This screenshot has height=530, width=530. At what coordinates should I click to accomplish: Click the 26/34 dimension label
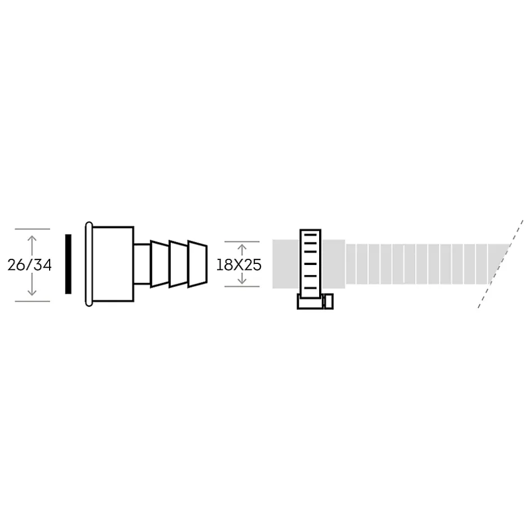click(x=30, y=265)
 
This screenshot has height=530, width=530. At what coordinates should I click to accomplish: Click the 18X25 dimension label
click(x=239, y=265)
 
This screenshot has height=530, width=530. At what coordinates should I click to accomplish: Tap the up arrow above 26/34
click(x=32, y=245)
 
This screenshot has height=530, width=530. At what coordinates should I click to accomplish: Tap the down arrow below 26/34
click(x=32, y=285)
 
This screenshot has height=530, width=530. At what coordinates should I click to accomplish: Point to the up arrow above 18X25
click(x=242, y=250)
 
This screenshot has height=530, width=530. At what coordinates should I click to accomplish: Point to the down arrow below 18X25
click(x=242, y=279)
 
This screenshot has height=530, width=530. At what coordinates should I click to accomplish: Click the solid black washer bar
click(x=68, y=264)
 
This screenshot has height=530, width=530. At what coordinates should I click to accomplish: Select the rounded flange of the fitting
click(x=89, y=264)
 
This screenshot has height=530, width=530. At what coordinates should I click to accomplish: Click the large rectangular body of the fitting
click(x=113, y=264)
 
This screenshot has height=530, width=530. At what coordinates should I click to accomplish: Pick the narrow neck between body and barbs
click(x=142, y=264)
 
